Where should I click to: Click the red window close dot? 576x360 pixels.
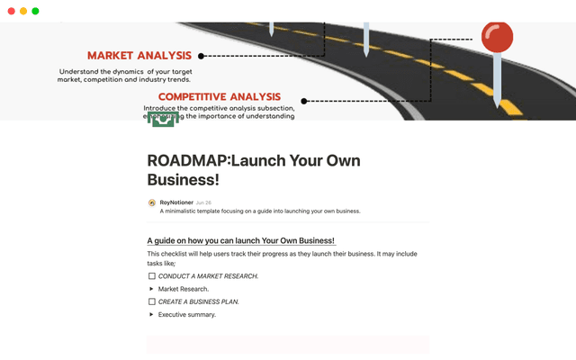[x=11, y=11]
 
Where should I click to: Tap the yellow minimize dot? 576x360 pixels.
[x=22, y=11]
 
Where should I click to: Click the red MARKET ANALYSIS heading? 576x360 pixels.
[x=139, y=56]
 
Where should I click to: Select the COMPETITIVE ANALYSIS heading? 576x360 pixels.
[x=220, y=97]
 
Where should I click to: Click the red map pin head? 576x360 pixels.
[x=497, y=37]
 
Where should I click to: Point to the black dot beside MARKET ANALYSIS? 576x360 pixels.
[x=201, y=56]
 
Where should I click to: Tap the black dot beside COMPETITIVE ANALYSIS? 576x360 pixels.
[x=304, y=101]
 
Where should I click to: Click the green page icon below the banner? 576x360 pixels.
[x=162, y=121]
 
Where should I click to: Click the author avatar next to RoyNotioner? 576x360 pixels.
[x=151, y=202]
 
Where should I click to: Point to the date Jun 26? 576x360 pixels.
[x=203, y=202]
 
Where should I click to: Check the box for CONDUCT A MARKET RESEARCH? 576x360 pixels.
[x=151, y=276]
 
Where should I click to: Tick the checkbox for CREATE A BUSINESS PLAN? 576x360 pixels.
[x=151, y=301]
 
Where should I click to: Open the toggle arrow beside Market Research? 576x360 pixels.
[x=151, y=289]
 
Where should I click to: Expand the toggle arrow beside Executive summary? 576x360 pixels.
[x=151, y=315]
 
